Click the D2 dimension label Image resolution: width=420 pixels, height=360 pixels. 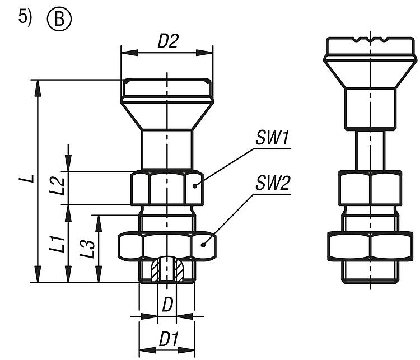(x=167, y=42)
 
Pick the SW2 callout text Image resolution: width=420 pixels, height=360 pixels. (x=273, y=183)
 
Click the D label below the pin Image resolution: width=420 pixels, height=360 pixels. (x=167, y=306)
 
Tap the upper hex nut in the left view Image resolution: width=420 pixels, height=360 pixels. (x=166, y=188)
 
